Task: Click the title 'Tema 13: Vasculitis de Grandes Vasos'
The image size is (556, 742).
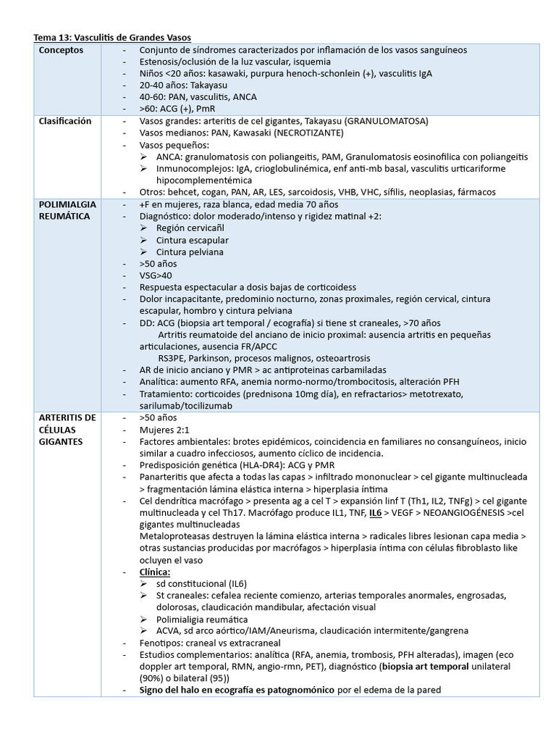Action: click(113, 37)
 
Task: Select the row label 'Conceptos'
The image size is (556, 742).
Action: click(62, 50)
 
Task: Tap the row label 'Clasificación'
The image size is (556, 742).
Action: click(65, 121)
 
